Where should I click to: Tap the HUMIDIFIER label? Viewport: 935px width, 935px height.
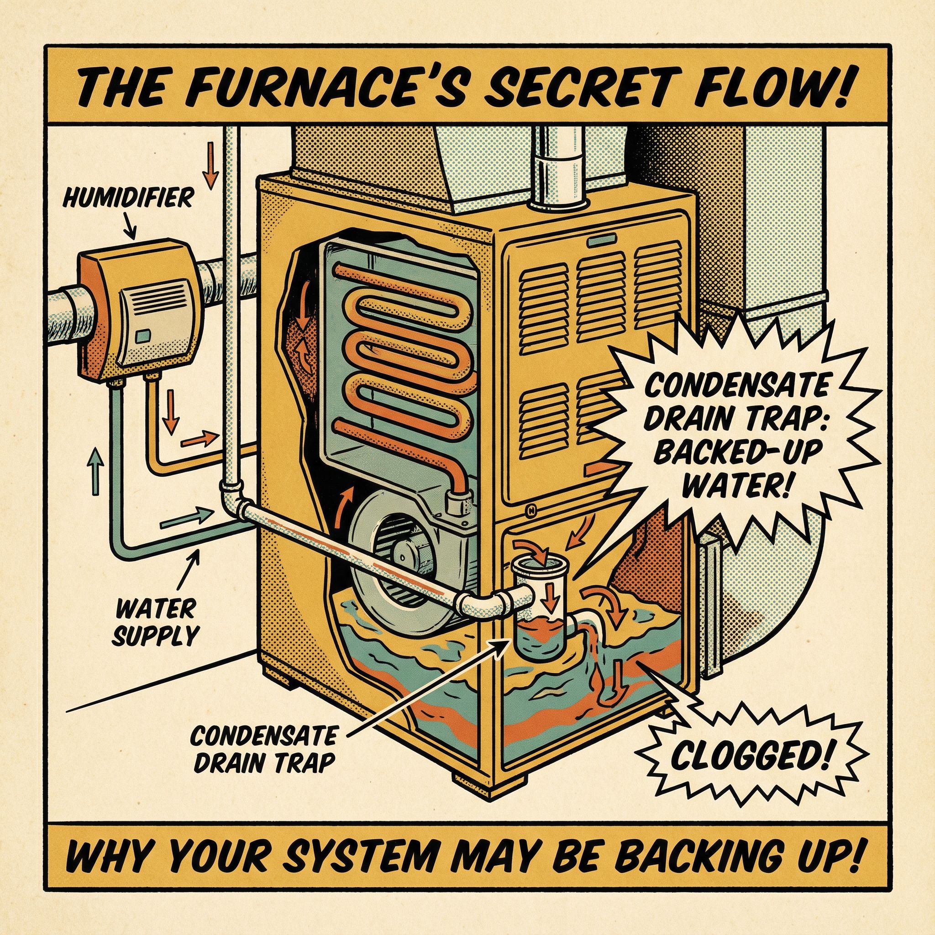pyautogui.click(x=127, y=198)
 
